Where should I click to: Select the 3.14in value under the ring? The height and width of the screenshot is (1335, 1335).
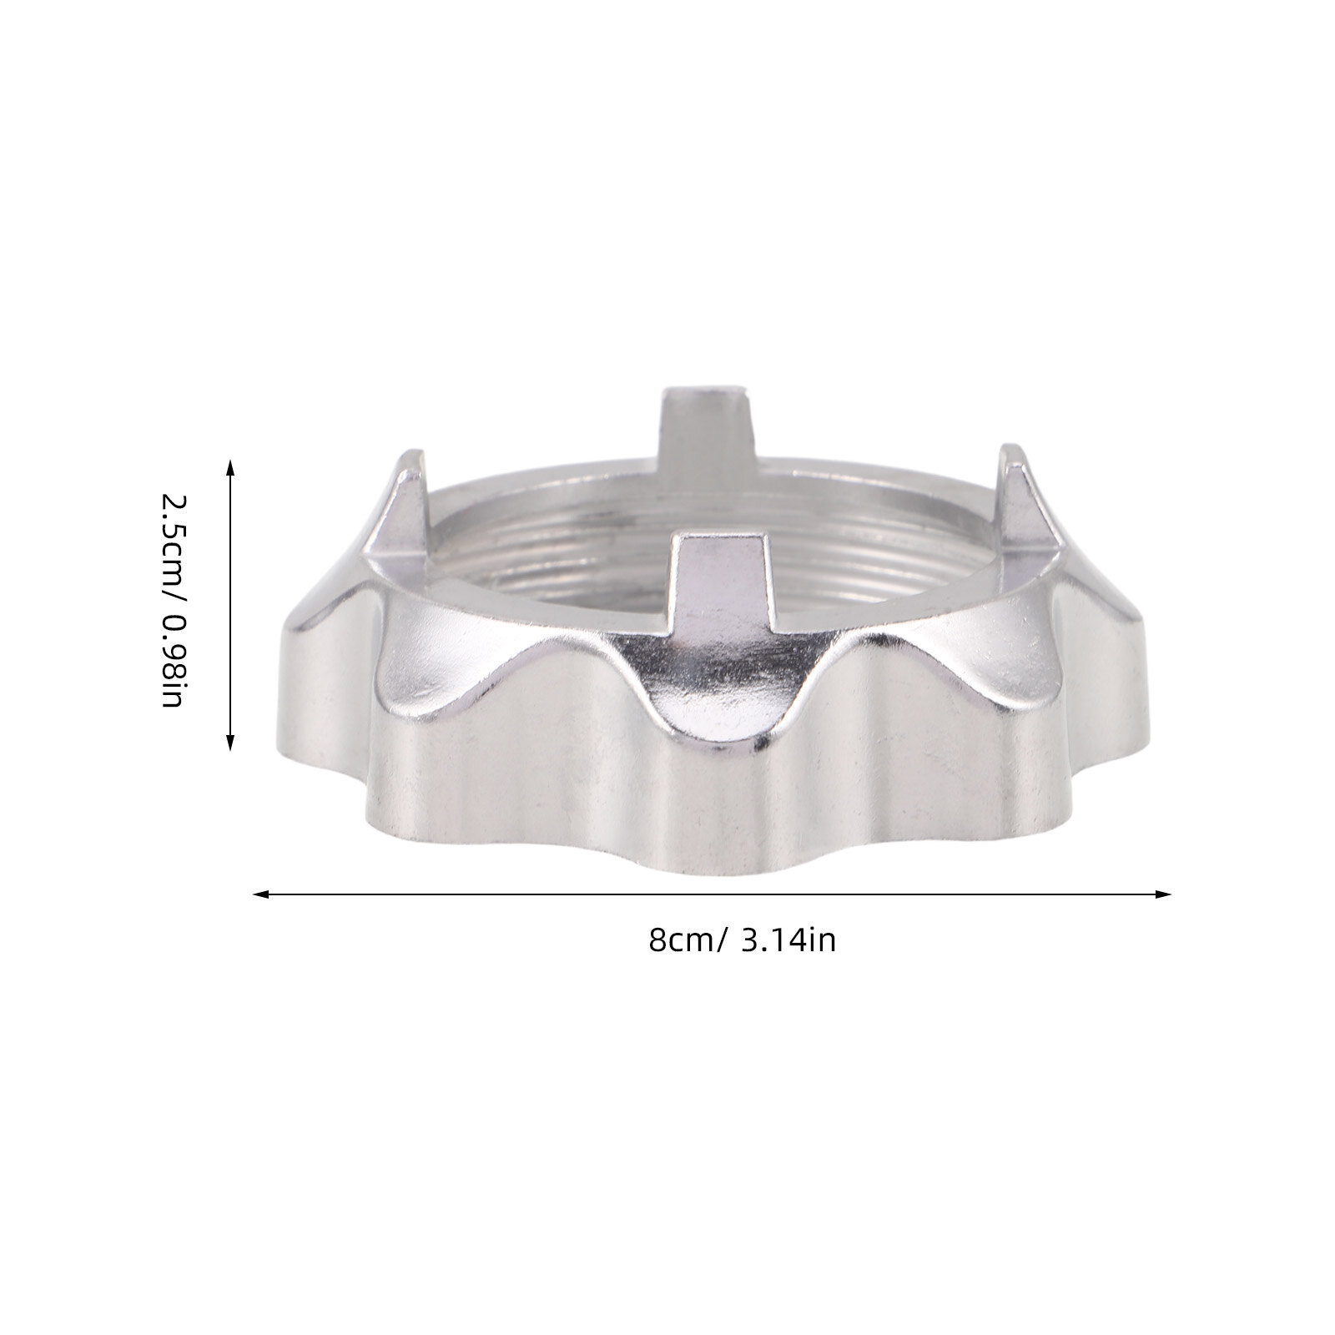tap(788, 940)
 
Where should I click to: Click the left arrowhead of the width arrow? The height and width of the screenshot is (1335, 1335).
tap(261, 895)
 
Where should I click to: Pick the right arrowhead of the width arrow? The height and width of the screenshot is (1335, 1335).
tap(1163, 895)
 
